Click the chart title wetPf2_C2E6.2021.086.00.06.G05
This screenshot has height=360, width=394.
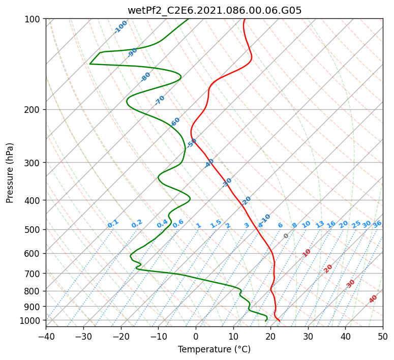215,10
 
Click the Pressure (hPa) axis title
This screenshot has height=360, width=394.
9,173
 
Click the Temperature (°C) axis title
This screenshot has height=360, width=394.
215,349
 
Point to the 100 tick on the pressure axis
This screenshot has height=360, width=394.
32,19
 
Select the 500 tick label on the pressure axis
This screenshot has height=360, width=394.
32,230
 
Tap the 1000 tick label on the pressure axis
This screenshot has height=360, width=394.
29,321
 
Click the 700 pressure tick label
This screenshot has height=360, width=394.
32,274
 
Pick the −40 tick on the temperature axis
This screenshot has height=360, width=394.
46,336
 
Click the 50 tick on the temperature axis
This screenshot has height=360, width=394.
383,336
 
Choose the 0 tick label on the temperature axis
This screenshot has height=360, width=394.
196,336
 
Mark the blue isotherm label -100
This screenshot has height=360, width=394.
120,27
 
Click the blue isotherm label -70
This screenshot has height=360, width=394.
159,100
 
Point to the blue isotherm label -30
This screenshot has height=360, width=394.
226,183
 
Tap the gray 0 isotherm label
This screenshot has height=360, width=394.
286,236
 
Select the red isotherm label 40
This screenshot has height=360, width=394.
373,299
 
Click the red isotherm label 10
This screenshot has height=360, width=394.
307,253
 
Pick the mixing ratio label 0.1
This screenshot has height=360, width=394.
113,224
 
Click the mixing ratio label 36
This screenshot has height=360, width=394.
377,224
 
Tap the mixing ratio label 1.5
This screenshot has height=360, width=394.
216,224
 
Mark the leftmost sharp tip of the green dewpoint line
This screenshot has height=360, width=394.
89,64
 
